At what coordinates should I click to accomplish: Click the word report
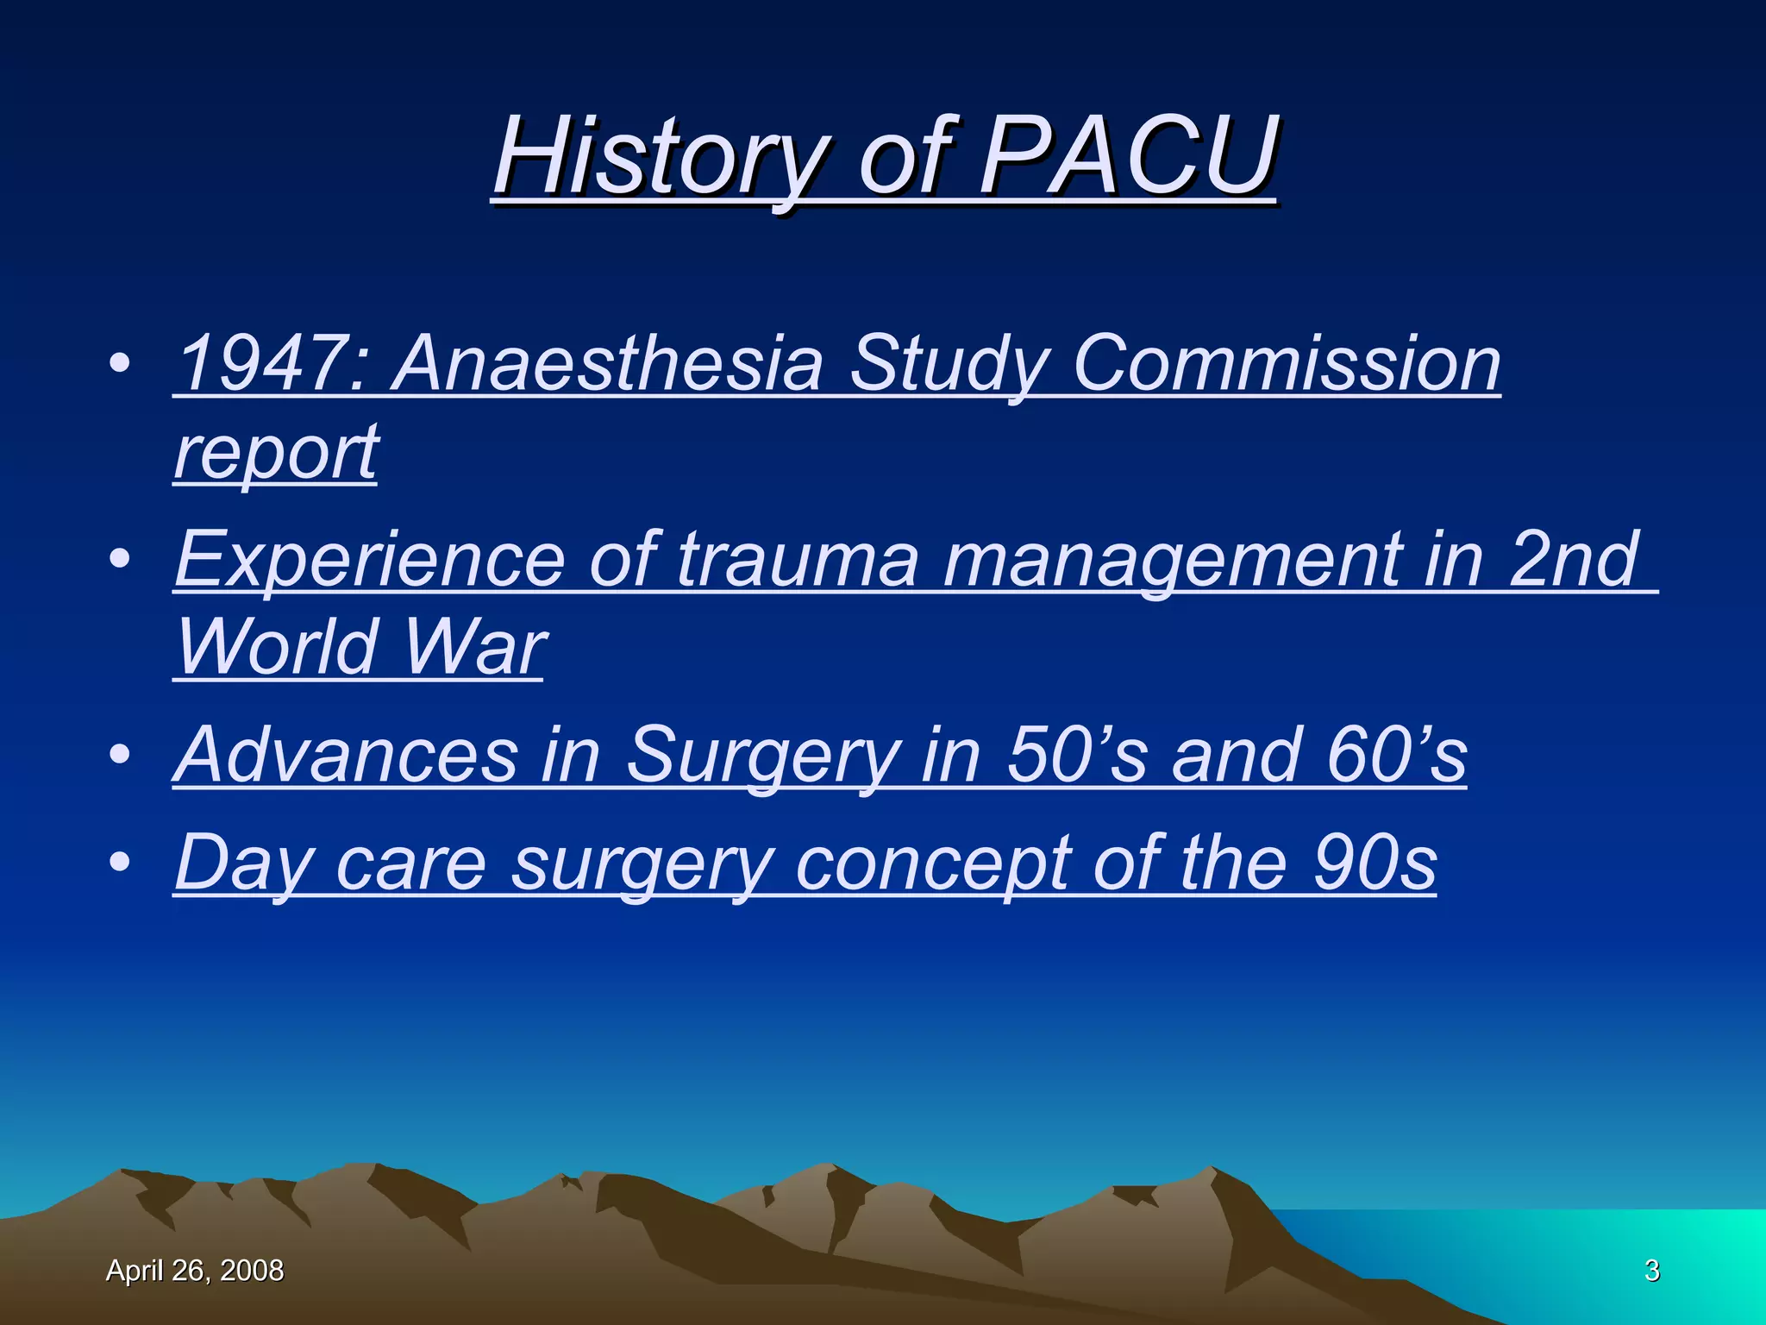(276, 454)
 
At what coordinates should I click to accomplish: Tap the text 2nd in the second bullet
(1574, 559)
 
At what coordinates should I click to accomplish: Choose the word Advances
(345, 755)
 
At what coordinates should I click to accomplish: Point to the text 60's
(1396, 755)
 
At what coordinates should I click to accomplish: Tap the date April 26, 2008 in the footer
(195, 1271)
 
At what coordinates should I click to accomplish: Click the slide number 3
(1651, 1271)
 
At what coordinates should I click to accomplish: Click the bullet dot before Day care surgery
(121, 862)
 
